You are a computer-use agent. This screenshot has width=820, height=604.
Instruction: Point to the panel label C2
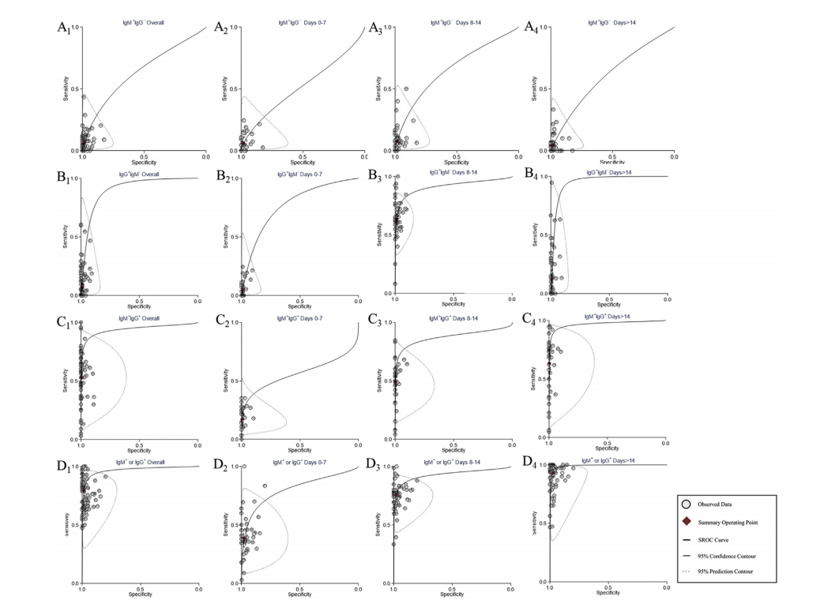point(222,321)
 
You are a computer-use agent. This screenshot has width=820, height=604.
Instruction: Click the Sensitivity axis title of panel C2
point(228,382)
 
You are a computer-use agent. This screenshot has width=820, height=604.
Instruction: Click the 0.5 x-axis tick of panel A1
point(144,157)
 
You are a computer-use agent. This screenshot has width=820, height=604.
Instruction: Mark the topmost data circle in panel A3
point(406,88)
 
